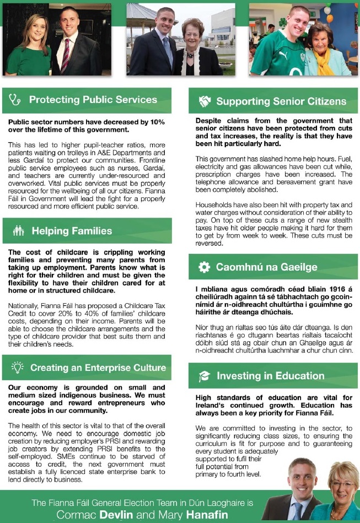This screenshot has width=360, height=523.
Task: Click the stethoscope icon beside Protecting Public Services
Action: click(x=15, y=100)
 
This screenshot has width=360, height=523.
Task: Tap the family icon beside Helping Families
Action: click(x=18, y=231)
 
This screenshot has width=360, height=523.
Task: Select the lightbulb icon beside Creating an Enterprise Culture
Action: click(x=18, y=367)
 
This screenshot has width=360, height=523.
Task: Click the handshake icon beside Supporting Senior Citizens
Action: click(x=205, y=101)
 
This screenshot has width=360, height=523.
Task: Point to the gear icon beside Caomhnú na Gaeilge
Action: click(x=204, y=267)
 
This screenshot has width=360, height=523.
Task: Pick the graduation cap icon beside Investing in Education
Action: click(x=204, y=376)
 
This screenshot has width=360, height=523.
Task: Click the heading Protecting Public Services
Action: click(x=93, y=100)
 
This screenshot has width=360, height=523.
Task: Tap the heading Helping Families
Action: click(x=72, y=231)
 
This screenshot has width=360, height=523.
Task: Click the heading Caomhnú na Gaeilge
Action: click(x=266, y=267)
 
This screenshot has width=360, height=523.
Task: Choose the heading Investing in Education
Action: click(x=270, y=376)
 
